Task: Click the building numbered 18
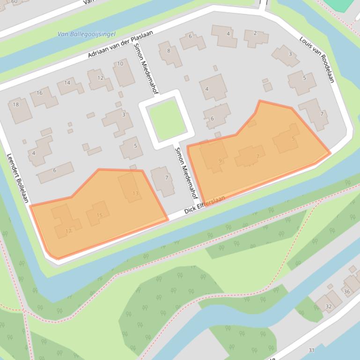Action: point(19,109)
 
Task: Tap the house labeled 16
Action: point(43,97)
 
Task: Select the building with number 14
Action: point(70,86)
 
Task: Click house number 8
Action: point(169,53)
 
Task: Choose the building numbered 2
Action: point(256,37)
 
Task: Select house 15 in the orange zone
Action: point(98,213)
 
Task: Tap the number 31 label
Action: point(311,350)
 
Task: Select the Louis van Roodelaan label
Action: point(317,59)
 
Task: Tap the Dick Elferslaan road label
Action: point(205,205)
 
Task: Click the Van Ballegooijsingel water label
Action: point(86,34)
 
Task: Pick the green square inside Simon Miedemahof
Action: point(166,120)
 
